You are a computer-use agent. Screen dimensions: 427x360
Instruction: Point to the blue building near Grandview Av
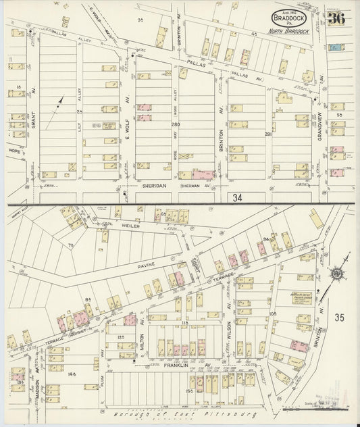point(334,47)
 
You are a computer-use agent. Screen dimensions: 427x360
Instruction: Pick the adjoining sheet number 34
point(236,197)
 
